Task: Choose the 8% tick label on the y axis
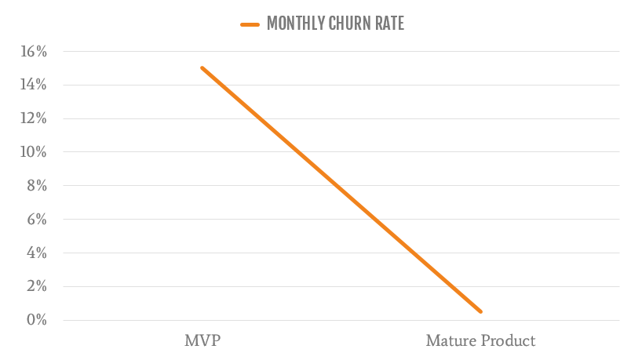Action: (37, 186)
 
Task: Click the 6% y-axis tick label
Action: (37, 220)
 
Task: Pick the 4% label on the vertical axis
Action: (37, 253)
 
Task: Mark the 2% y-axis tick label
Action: (37, 287)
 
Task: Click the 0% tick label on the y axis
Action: (37, 320)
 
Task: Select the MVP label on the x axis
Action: (202, 341)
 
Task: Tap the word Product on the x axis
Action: (509, 341)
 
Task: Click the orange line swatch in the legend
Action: (250, 24)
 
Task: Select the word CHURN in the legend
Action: (349, 24)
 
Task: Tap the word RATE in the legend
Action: (390, 24)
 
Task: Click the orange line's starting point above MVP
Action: (202, 68)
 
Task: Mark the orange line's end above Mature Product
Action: (480, 311)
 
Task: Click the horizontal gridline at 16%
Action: (392, 52)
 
